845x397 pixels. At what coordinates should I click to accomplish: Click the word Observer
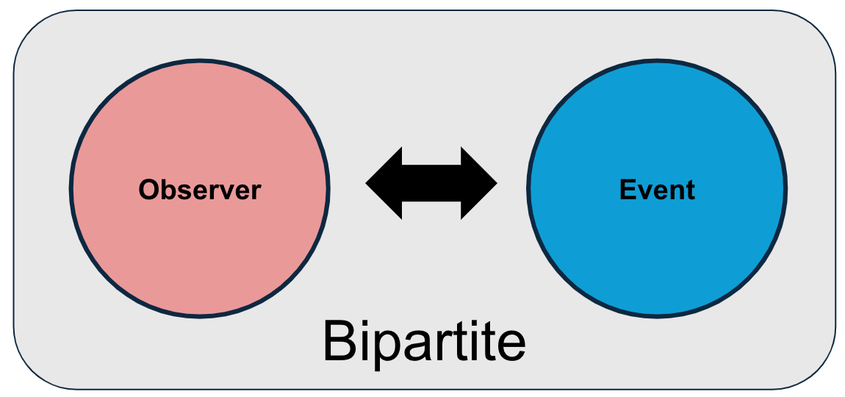tap(200, 190)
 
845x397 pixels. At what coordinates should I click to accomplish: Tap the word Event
tap(657, 190)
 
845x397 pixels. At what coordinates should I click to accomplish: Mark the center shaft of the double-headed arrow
tap(431, 184)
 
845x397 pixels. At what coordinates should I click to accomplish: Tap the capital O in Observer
tap(149, 190)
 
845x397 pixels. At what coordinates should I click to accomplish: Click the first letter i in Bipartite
tap(364, 342)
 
